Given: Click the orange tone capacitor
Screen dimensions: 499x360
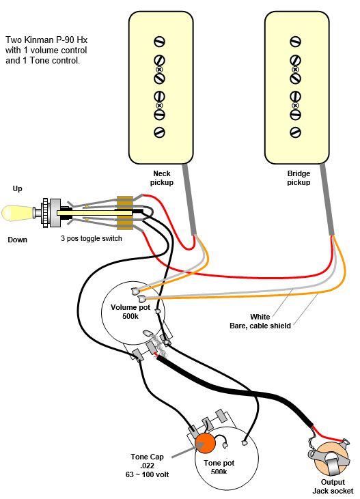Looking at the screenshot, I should tap(204, 444).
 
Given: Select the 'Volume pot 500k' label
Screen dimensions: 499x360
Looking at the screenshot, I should tap(131, 311).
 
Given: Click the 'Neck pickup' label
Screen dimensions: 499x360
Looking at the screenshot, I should tap(162, 178).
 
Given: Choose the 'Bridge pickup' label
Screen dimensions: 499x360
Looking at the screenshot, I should tap(298, 178).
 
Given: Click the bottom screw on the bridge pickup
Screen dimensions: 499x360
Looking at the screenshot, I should tap(295, 132).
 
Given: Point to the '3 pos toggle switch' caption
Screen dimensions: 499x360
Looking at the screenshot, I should tap(91, 238).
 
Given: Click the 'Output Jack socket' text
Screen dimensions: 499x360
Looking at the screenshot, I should tap(333, 486).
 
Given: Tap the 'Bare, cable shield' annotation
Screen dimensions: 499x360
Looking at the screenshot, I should tap(260, 326).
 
